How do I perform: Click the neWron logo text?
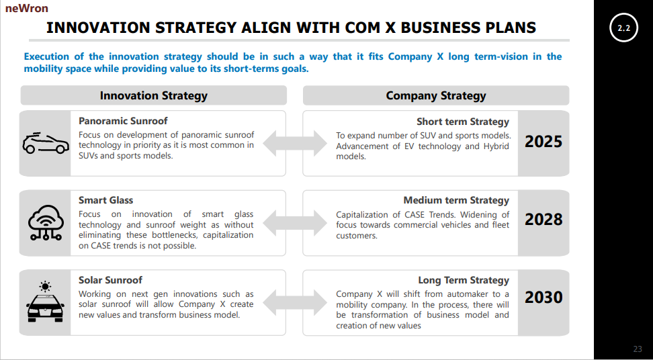coord(26,9)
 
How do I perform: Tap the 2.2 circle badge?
coord(623,28)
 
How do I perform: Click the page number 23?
coord(638,349)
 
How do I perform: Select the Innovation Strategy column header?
coord(154,95)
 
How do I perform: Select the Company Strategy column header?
coord(435,95)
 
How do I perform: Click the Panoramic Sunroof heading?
coord(123,121)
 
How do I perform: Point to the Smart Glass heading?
coord(105,200)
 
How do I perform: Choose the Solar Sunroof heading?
coord(110,279)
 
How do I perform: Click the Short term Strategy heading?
coord(463,122)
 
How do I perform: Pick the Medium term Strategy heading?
coord(456,200)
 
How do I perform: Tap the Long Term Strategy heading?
coord(464,280)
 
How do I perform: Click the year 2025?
coord(543,142)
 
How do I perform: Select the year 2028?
coord(543,220)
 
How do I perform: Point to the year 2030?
coord(543,298)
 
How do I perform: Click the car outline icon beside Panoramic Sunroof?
coord(46,142)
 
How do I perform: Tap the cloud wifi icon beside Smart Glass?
coord(46,222)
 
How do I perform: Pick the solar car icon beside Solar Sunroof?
coord(46,302)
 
